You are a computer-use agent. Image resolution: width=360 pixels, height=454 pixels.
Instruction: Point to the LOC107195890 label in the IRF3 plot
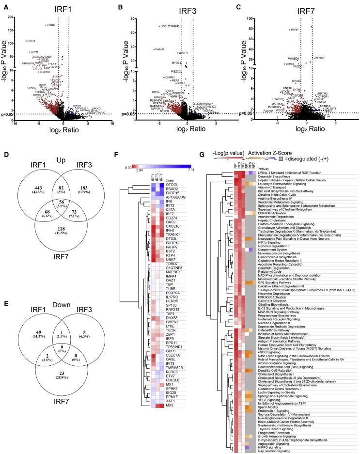(170, 26)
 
